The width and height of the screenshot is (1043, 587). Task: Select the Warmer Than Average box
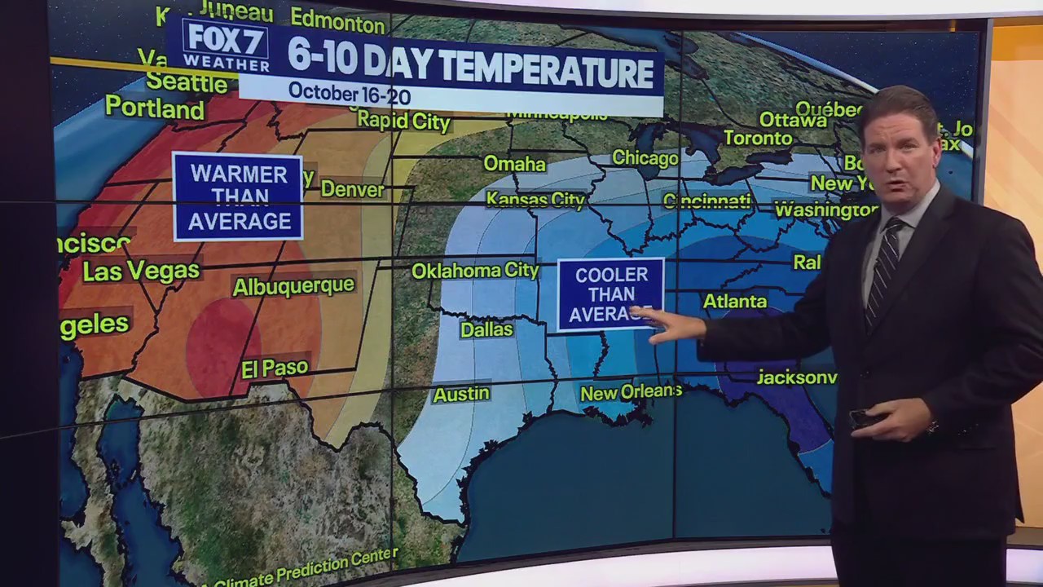(x=238, y=197)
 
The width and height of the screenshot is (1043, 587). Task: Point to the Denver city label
(x=352, y=189)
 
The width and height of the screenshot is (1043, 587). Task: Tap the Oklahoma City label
(x=475, y=271)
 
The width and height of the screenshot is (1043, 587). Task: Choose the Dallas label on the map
(x=486, y=329)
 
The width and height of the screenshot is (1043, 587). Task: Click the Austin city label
(x=461, y=395)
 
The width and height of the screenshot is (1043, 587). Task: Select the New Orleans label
(x=631, y=393)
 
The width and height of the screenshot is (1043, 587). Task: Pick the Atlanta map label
(x=734, y=302)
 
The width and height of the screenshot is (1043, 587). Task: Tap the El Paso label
(x=275, y=369)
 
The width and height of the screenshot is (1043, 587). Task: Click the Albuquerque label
(x=293, y=286)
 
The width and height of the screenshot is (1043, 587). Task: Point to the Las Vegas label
(x=141, y=271)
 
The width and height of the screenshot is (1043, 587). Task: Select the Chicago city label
(x=645, y=158)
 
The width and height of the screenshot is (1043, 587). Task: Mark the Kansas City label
(x=535, y=199)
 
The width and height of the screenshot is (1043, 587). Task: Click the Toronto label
(x=758, y=139)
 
